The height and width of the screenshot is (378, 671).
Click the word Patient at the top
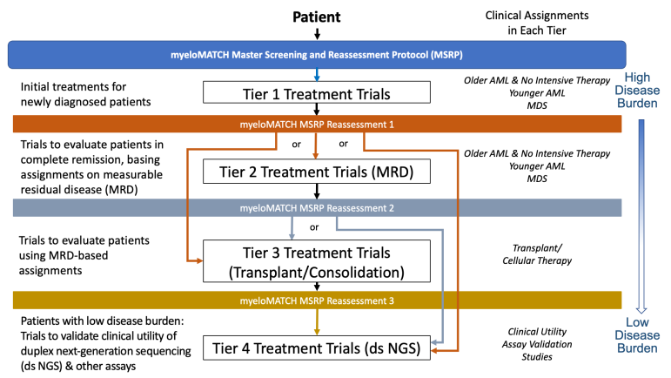pyautogui.click(x=316, y=16)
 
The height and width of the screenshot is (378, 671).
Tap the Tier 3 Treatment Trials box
pyautogui.click(x=316, y=261)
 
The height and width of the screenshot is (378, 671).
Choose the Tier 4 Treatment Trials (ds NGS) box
pyautogui.click(x=316, y=348)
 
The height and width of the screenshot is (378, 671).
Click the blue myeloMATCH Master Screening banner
pyautogui.click(x=316, y=57)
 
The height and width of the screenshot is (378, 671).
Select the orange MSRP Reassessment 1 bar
pyautogui.click(x=316, y=124)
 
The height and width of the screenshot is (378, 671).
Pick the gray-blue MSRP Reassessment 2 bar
pyautogui.click(x=316, y=208)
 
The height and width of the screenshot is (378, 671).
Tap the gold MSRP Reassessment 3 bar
pyautogui.click(x=316, y=300)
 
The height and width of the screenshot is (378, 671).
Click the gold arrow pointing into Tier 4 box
pyautogui.click(x=316, y=322)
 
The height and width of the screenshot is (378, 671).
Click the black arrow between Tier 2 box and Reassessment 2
pyautogui.click(x=316, y=191)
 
